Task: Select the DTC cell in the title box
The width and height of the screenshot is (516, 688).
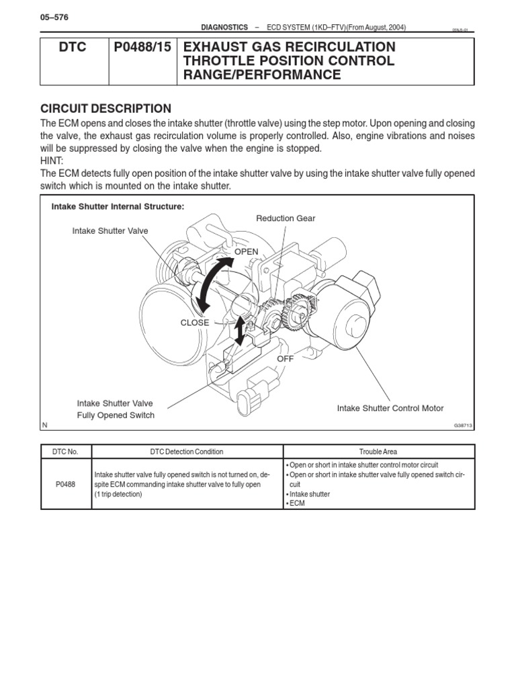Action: pyautogui.click(x=73, y=48)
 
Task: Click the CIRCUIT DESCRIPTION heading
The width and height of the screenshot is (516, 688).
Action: pyautogui.click(x=105, y=109)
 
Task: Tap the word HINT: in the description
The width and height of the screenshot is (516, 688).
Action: pyautogui.click(x=53, y=161)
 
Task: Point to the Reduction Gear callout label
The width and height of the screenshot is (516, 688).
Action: pyautogui.click(x=286, y=218)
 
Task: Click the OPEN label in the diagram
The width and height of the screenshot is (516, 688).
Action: pyautogui.click(x=246, y=251)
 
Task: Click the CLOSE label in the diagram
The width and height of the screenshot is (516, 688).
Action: pyautogui.click(x=195, y=322)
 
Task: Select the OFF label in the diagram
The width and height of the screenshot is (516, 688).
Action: pyautogui.click(x=286, y=359)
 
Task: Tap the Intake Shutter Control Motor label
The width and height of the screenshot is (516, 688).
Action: pyautogui.click(x=390, y=408)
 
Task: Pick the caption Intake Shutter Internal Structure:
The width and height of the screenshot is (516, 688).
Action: pyautogui.click(x=118, y=206)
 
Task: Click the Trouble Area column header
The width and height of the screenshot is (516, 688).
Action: pyautogui.click(x=379, y=451)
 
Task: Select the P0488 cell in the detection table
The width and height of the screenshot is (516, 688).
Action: pyautogui.click(x=66, y=484)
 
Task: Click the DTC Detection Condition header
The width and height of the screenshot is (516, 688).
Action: pyautogui.click(x=187, y=451)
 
